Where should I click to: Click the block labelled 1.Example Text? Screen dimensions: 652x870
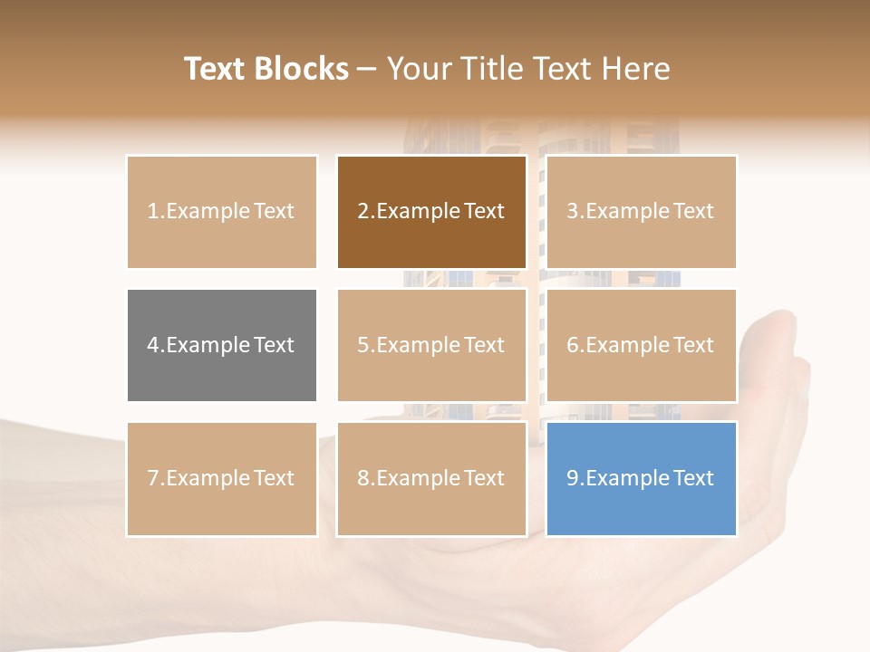[222, 212]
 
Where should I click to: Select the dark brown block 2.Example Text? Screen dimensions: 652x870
[431, 212]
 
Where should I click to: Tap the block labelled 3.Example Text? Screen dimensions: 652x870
[642, 212]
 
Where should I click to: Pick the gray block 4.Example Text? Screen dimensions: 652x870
[222, 345]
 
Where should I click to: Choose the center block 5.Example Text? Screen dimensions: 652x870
[431, 345]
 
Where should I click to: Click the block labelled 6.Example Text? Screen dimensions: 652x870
[642, 345]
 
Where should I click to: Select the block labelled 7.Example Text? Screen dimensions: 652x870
[222, 478]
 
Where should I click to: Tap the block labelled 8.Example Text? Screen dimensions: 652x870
[431, 478]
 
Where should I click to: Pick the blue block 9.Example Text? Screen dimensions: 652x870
[642, 478]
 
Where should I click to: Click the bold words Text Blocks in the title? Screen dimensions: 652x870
[266, 69]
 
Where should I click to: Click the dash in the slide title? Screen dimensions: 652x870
[367, 69]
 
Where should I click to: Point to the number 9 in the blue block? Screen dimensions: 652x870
[572, 478]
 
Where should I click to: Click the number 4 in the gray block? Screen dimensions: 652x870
[152, 345]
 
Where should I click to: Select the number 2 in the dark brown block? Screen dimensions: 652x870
[362, 212]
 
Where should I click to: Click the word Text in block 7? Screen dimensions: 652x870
[275, 478]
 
